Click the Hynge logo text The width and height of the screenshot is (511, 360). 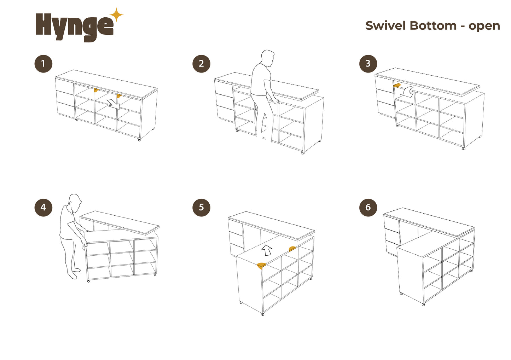click(x=75, y=27)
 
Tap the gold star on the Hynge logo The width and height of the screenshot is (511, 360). click(x=117, y=15)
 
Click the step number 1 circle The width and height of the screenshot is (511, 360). click(x=43, y=64)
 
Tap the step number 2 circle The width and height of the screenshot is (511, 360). click(x=201, y=64)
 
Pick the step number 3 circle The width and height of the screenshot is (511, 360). click(x=368, y=64)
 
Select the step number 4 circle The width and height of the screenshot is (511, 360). click(x=43, y=207)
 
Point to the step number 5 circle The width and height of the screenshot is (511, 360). click(x=201, y=207)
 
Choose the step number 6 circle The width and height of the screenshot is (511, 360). click(x=368, y=207)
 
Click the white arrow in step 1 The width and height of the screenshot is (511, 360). click(x=114, y=104)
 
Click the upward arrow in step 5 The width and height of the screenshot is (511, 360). click(x=267, y=250)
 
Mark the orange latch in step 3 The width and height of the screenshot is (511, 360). click(x=397, y=85)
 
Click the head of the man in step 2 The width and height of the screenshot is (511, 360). click(x=268, y=58)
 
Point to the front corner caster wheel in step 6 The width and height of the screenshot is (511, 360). click(x=423, y=304)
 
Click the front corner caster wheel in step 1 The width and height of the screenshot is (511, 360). click(x=139, y=140)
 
